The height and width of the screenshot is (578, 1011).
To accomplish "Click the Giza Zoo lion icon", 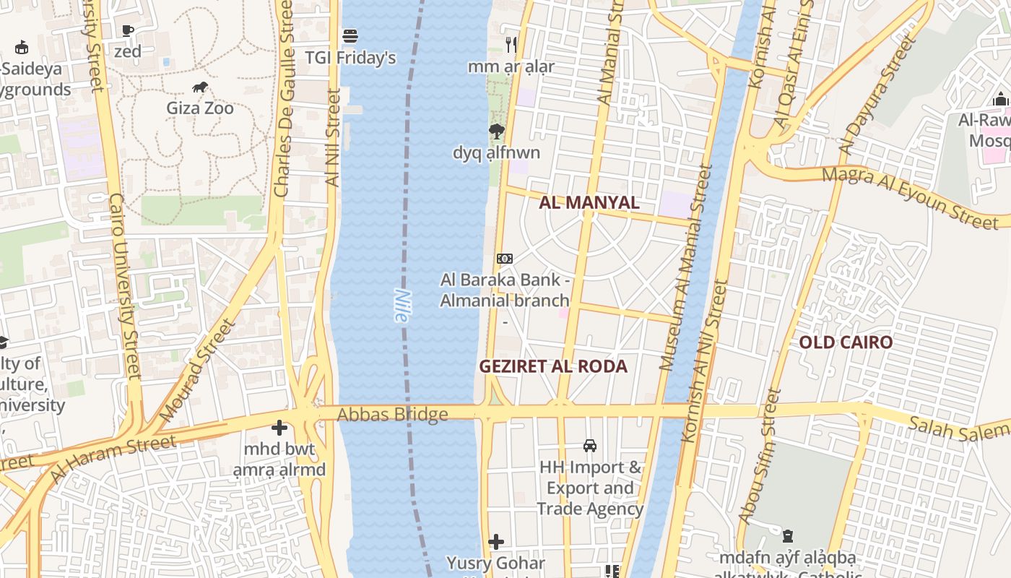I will point(200,87).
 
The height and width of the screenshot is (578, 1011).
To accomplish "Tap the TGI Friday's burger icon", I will point(350,35).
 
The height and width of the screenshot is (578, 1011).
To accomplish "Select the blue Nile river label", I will point(402,306).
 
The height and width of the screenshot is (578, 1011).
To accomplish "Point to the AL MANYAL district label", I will point(589,202).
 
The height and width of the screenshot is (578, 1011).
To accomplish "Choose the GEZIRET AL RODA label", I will point(553,366).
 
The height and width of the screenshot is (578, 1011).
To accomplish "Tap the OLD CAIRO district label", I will point(846,342).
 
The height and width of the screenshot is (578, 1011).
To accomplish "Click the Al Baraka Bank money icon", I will point(505,259).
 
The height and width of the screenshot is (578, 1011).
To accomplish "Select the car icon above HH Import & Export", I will point(590,446).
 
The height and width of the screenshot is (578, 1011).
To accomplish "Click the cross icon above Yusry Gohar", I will point(496,542).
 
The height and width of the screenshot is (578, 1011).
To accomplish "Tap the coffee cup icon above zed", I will point(128,30).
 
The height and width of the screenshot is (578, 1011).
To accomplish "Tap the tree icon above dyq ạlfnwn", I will point(496,131).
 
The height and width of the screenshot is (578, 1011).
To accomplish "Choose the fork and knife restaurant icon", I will point(511,45).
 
